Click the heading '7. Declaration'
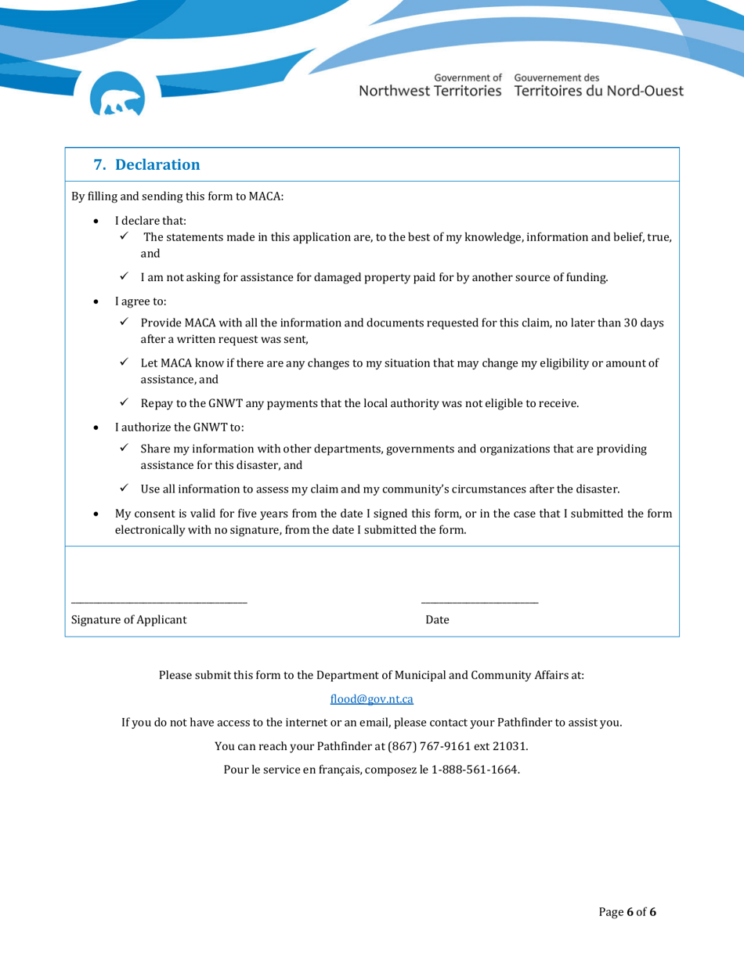pyautogui.click(x=146, y=164)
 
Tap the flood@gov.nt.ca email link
pyautogui.click(x=371, y=698)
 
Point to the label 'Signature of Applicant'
pyautogui.click(x=129, y=620)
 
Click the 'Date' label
pyautogui.click(x=437, y=620)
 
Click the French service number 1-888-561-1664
pyautogui.click(x=475, y=769)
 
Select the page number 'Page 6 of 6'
pyautogui.click(x=627, y=912)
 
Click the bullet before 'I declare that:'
pyautogui.click(x=96, y=221)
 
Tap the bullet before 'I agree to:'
pyautogui.click(x=96, y=301)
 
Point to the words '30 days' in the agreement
pyautogui.click(x=644, y=323)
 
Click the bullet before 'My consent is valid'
pyautogui.click(x=96, y=514)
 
